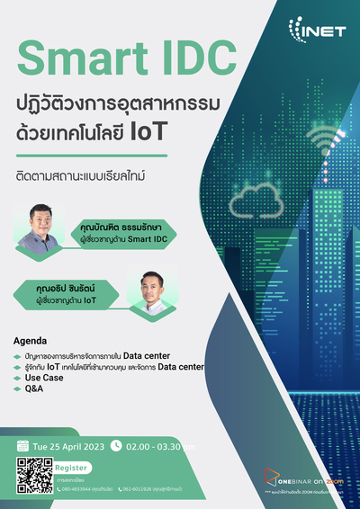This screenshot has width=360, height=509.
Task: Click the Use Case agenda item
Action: click(44, 379)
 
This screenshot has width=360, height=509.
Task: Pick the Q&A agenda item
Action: click(36, 390)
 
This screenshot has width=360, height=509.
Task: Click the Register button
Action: click(72, 468)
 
